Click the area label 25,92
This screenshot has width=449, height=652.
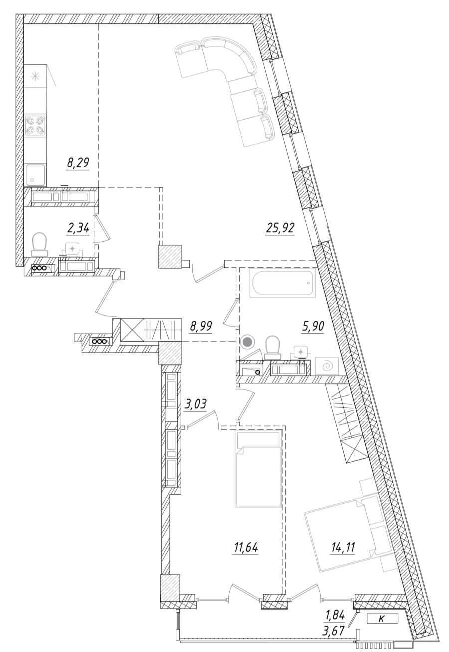280,229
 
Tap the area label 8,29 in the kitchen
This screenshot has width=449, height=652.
78,162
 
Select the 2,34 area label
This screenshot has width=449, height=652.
78,228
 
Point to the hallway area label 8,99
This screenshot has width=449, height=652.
200,326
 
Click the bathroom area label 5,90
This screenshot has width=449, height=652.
313,327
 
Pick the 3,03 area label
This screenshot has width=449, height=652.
195,404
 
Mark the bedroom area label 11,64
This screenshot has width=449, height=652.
246,548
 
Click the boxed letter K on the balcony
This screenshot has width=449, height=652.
382,619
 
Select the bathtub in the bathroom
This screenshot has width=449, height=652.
283,284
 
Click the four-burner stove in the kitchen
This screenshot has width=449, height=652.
35,125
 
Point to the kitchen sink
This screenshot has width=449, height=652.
35,174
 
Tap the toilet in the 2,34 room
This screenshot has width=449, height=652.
39,245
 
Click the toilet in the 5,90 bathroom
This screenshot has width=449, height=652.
273,347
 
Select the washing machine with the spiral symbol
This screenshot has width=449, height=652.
327,366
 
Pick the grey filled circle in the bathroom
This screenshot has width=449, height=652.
247,342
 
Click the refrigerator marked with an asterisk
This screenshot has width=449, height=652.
35,77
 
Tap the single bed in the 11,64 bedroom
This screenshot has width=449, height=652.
258,470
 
